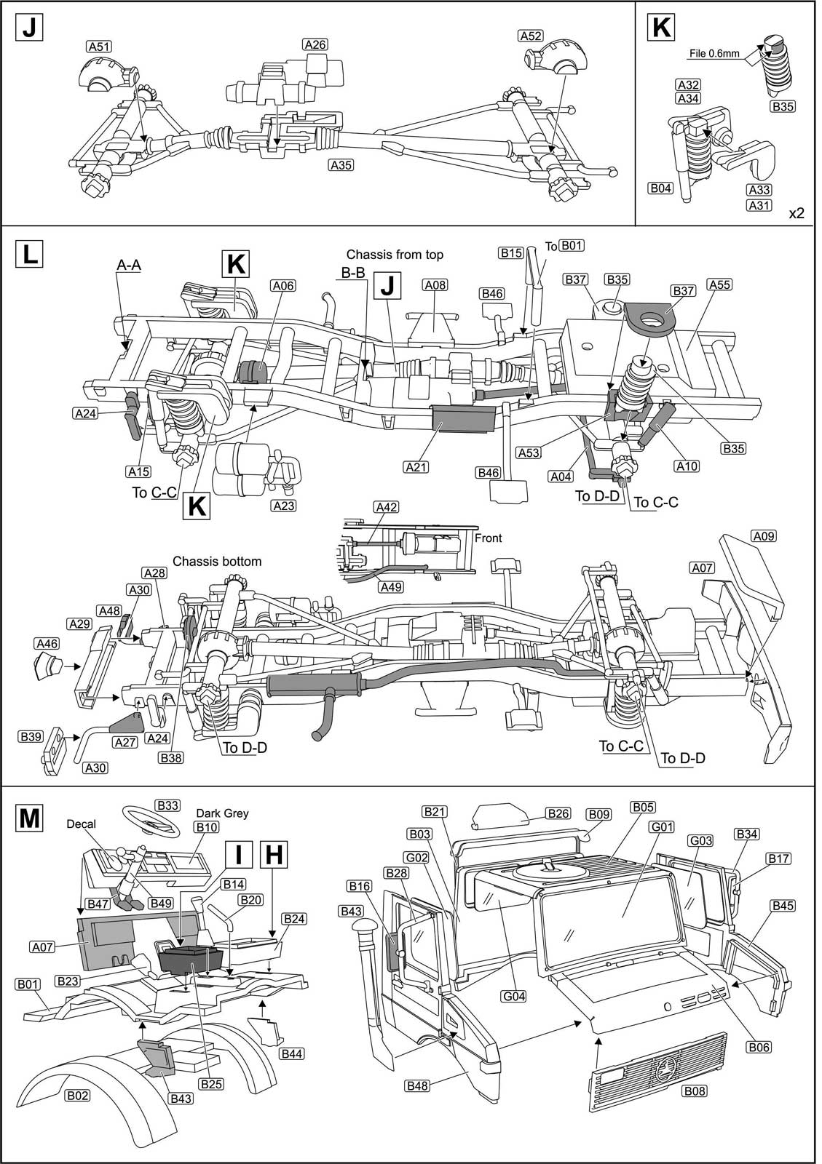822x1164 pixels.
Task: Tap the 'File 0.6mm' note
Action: pos(714,53)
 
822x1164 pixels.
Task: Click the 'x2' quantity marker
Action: pos(797,213)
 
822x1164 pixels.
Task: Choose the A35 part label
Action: pos(341,165)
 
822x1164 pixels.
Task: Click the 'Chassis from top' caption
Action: pos(395,255)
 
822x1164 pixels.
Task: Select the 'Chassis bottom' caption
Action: pos(217,562)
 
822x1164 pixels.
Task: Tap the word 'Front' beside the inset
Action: pos(488,538)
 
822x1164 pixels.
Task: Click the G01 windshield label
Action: pos(644,826)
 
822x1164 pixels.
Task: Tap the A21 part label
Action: pos(416,467)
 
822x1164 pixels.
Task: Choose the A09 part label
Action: pos(764,536)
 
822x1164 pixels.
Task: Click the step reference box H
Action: pos(273,855)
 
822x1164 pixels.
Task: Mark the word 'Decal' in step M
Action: pos(82,824)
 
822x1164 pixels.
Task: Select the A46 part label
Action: pos(47,643)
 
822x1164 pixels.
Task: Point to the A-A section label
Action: pos(129,266)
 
